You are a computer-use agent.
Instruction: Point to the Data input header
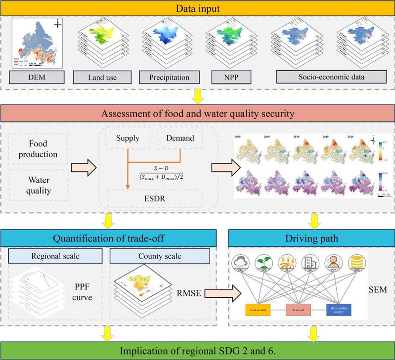(197, 8)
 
